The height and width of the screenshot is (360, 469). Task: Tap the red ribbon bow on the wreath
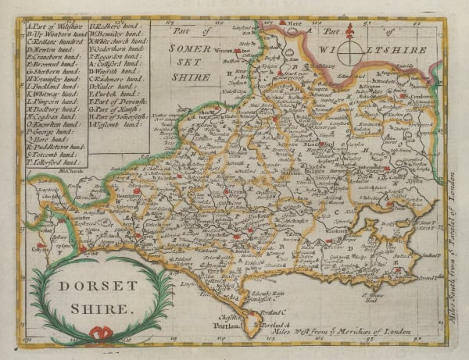pos(100,333)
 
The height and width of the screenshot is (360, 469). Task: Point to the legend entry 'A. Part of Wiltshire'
pos(59,28)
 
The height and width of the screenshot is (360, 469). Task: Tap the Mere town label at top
pos(295,25)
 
